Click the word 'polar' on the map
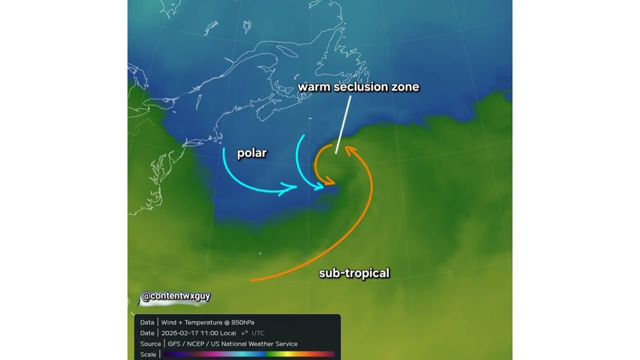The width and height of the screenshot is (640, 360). (x=251, y=153)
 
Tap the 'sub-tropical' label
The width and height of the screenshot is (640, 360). (x=354, y=273)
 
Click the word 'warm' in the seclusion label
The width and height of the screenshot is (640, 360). (x=311, y=87)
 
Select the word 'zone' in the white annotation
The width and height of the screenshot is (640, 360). (x=405, y=87)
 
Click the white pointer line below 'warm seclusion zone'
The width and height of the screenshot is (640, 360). (x=343, y=124)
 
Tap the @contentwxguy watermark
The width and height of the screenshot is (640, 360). (x=175, y=296)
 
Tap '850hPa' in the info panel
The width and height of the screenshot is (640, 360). (x=242, y=322)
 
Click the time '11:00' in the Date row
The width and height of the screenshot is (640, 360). (x=209, y=333)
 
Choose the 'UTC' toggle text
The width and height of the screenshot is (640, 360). (x=258, y=333)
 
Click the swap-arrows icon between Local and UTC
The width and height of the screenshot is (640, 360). (x=244, y=333)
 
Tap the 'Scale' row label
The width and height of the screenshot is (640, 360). (x=148, y=354)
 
